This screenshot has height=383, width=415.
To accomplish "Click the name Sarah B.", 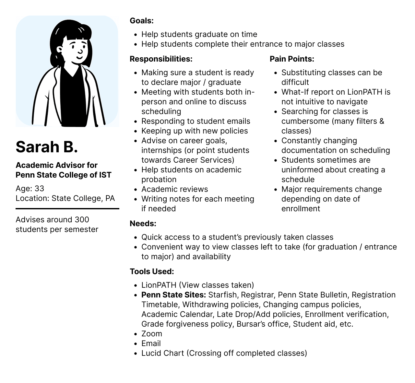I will pos(47,147).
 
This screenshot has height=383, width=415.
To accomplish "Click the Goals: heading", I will pos(141,21).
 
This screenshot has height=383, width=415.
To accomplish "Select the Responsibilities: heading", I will pos(161,59).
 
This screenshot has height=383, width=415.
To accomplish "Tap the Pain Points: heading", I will pos(292,59).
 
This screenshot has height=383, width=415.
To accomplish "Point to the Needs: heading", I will pos(143,224).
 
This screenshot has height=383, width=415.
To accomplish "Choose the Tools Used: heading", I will pos(152,272).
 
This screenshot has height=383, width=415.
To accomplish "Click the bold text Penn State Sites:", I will pos(173,295).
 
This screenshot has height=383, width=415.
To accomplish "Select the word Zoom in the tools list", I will pos(151,334).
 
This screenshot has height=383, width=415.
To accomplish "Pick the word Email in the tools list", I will pos(151,343).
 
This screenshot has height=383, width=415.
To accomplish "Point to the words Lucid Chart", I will pos(162,353).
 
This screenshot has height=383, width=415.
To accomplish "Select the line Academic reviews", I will pos(174,189).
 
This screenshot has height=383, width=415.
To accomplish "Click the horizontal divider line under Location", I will pos(67,209).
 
